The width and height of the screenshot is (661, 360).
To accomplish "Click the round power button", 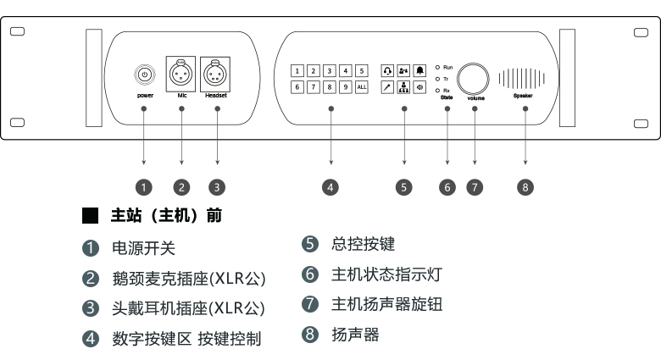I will click(x=144, y=75).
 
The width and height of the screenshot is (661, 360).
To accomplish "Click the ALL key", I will click(x=362, y=87).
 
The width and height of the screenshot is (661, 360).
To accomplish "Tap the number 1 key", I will click(x=297, y=71).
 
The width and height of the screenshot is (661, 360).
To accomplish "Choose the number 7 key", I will click(x=314, y=87).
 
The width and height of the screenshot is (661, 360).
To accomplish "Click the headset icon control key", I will click(x=387, y=71).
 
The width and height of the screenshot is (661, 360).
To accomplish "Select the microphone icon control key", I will click(x=387, y=87).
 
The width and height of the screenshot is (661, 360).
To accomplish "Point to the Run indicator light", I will click(x=437, y=65).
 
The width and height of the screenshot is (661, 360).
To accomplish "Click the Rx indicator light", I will click(x=437, y=89).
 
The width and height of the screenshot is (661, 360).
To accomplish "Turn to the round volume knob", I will click(x=475, y=77).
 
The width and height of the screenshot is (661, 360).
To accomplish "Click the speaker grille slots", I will click(x=520, y=78).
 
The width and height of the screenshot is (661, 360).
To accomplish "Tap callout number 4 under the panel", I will click(x=331, y=187).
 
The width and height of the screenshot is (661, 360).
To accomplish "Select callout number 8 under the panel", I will click(x=526, y=187).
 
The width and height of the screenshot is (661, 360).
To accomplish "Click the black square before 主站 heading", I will click(x=90, y=216).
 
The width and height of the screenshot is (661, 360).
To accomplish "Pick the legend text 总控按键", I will click(x=364, y=244).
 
